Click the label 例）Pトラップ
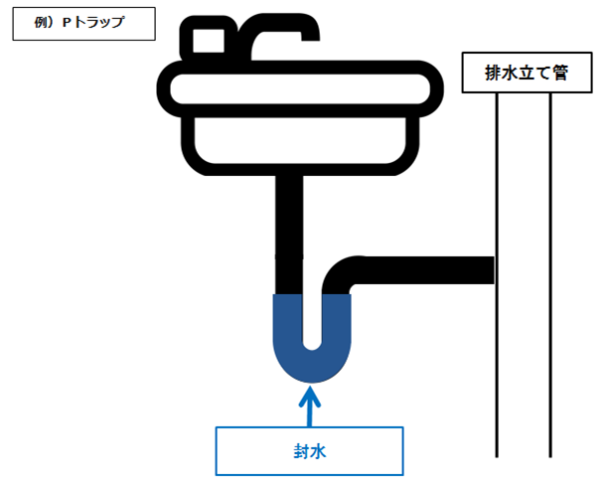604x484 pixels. pos(83,23)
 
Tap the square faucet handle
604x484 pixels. pos(207,43)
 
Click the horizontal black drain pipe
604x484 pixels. pos(427,268)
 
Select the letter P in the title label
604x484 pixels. pos(66,23)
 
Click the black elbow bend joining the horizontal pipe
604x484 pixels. pos(343,275)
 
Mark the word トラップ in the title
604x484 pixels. pos(98,23)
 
